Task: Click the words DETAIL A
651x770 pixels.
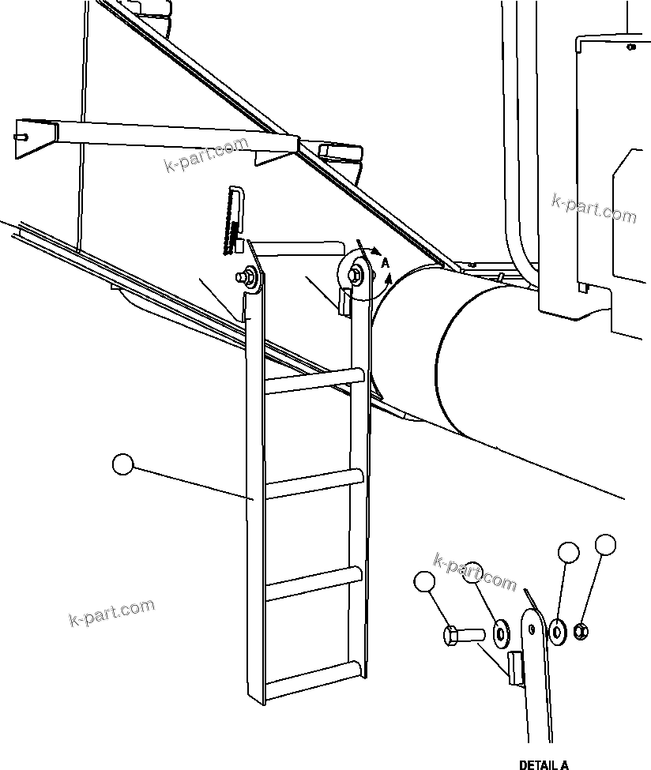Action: (x=544, y=764)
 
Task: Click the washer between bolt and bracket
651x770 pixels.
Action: (x=500, y=631)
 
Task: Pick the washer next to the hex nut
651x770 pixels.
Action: (x=559, y=629)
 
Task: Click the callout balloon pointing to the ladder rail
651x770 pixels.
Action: (x=124, y=464)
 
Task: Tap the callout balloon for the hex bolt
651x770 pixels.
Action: (x=424, y=583)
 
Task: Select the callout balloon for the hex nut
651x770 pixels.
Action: (x=605, y=544)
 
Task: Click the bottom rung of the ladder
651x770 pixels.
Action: (x=314, y=677)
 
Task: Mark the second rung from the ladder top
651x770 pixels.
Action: (x=314, y=482)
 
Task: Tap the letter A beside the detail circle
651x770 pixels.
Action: (x=385, y=261)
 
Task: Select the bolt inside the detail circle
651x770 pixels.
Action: (x=356, y=273)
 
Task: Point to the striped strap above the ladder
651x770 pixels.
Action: (x=235, y=217)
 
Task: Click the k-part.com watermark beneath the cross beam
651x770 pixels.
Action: (x=205, y=156)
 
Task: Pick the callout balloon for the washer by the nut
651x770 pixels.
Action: (x=568, y=552)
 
